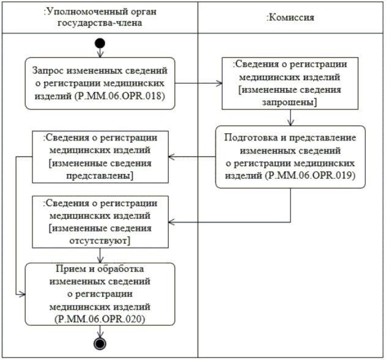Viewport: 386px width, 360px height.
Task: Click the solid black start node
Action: coord(100,43)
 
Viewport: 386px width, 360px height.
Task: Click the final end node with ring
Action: coord(100,343)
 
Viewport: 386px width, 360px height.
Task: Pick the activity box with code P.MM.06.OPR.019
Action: coord(291,156)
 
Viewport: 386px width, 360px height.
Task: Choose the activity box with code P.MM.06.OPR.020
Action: coord(100,293)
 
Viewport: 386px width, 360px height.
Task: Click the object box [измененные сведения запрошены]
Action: coord(291,83)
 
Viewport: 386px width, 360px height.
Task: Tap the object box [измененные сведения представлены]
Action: coord(100,156)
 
